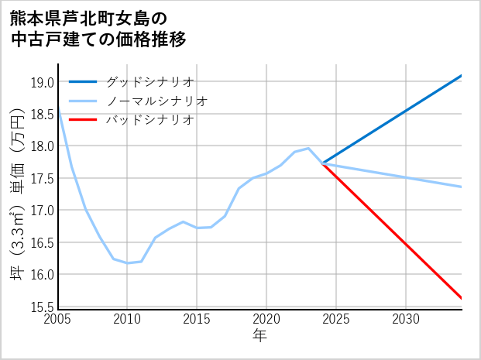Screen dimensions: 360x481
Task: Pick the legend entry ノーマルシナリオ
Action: point(156,101)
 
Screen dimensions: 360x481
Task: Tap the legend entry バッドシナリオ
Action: point(149,120)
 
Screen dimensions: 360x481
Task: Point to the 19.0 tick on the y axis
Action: point(43,83)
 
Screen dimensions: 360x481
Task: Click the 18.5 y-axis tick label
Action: point(43,115)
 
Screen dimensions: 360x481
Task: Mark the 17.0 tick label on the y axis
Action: point(43,211)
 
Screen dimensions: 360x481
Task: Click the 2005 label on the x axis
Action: point(57,319)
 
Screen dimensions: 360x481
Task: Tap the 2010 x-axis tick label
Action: point(127,319)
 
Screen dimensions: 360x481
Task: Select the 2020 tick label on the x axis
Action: point(266,319)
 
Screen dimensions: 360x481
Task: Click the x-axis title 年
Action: point(259,336)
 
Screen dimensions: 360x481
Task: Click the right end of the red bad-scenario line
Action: point(462,298)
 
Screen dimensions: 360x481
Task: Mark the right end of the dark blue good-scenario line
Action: point(462,76)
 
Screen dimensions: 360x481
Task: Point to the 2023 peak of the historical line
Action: point(308,148)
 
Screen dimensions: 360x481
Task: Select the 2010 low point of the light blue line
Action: point(127,263)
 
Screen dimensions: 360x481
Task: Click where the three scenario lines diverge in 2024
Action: point(322,163)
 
